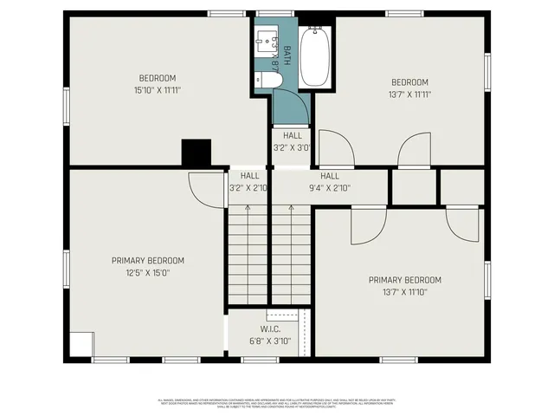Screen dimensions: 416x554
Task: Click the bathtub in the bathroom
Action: [316, 57]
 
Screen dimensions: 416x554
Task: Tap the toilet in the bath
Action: [267, 81]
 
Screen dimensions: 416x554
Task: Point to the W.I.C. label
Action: [269, 329]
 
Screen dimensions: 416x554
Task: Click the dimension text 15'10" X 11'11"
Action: [157, 89]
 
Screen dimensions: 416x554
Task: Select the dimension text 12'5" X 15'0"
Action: [145, 272]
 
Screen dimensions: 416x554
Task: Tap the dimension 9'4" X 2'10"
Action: [329, 187]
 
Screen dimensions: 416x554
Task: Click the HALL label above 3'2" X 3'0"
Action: [293, 135]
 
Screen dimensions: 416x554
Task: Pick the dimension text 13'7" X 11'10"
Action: [404, 292]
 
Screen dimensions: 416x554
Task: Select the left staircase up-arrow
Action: [248, 208]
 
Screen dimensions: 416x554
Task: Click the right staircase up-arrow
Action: [291, 208]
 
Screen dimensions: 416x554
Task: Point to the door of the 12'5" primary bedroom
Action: [205, 187]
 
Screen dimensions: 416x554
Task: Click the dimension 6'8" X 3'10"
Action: [269, 341]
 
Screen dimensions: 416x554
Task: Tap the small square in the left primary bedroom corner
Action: [81, 345]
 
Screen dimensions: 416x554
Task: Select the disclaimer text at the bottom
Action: [276, 402]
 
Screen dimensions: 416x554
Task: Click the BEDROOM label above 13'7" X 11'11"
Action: [409, 82]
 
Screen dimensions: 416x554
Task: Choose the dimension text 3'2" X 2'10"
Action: [248, 187]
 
